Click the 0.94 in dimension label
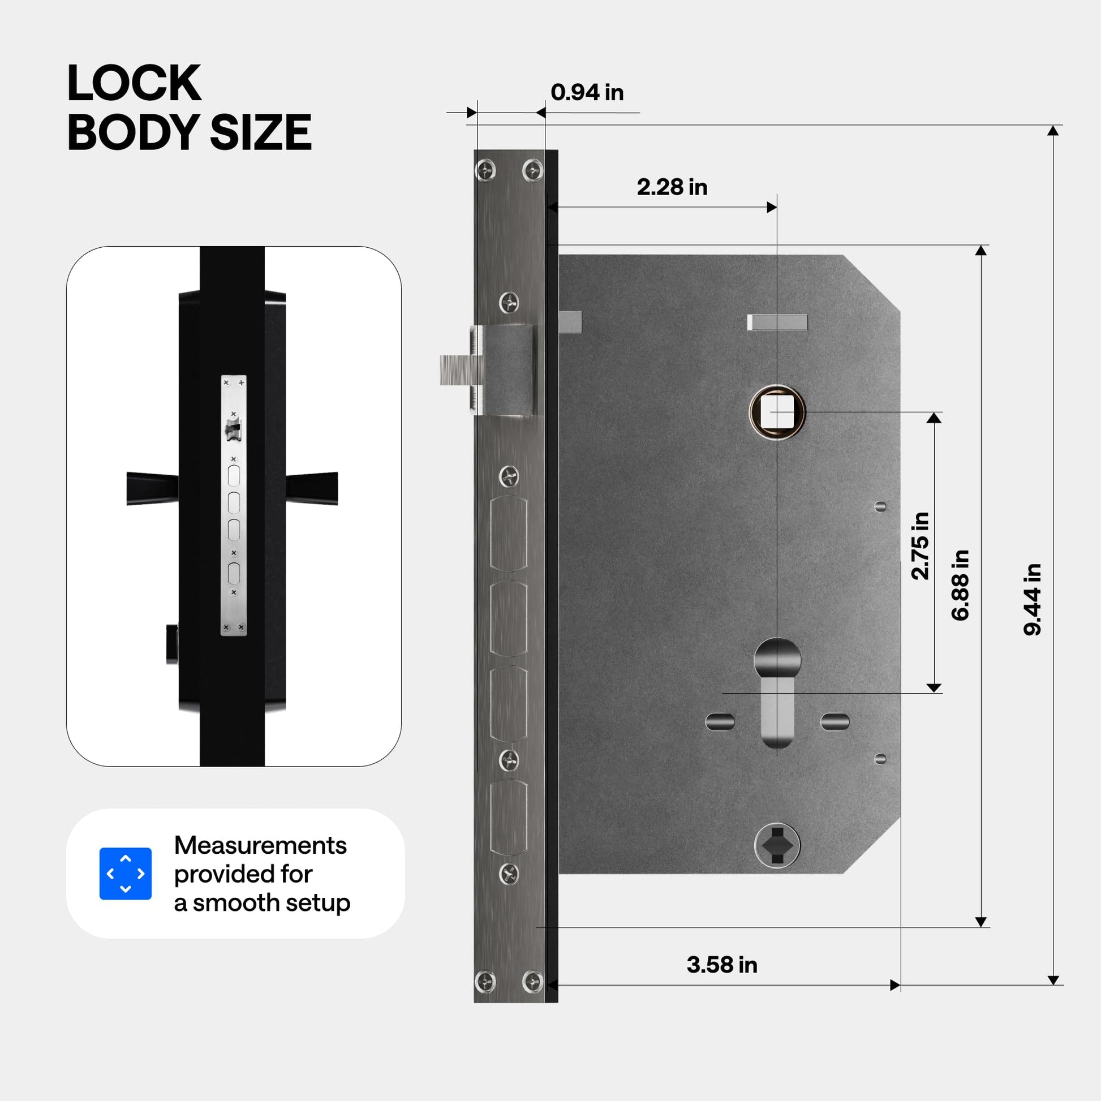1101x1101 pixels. [x=587, y=92]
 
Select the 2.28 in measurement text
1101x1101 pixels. [x=672, y=187]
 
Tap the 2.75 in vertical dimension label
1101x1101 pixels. [x=920, y=546]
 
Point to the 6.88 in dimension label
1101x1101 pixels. [x=960, y=585]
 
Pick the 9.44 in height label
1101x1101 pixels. [x=1032, y=600]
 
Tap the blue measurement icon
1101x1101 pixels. [x=126, y=874]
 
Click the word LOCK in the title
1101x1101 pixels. [x=135, y=83]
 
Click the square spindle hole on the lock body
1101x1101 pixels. [x=777, y=412]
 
